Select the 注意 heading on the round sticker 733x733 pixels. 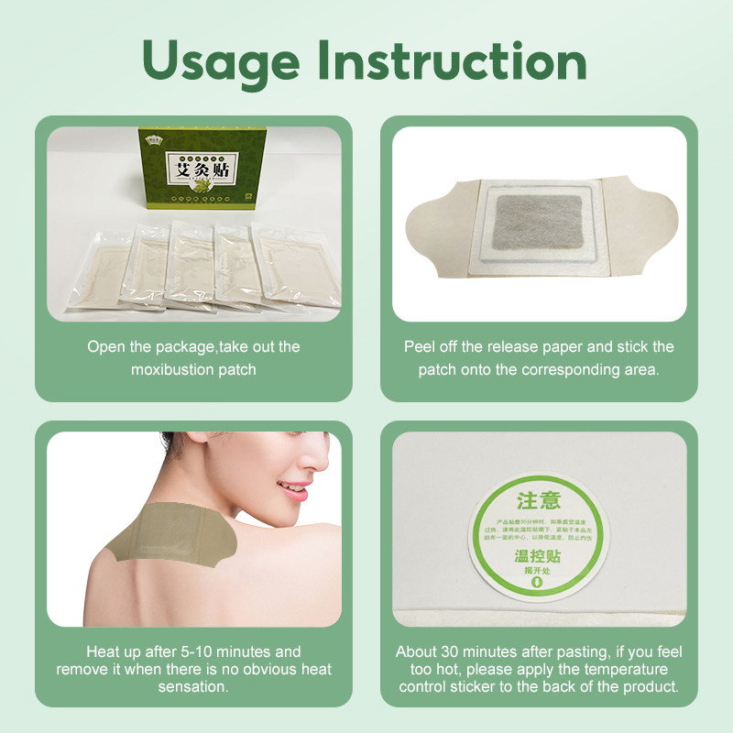tap(539, 500)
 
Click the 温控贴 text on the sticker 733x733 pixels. tap(539, 554)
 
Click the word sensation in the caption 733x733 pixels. tap(194, 686)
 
